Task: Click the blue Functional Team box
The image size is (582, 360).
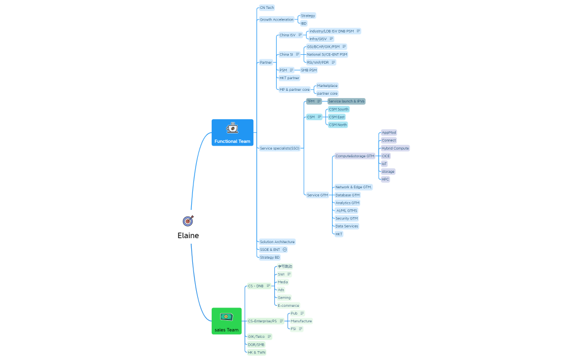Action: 232,133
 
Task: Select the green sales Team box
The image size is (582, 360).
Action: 226,322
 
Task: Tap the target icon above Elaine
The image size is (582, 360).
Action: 188,220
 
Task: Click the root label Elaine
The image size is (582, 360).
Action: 188,235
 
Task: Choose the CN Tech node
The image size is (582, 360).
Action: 267,8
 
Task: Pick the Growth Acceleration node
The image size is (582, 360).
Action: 277,19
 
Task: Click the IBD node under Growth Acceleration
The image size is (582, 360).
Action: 303,23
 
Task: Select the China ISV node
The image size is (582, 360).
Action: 287,35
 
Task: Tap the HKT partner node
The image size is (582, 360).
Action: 289,78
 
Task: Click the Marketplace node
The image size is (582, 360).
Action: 326,86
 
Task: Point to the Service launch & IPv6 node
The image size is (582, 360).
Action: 346,101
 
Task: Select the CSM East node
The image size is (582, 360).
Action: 337,117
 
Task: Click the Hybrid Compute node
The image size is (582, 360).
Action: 395,148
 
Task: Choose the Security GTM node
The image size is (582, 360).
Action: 346,218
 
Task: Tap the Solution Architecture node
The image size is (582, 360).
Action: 277,242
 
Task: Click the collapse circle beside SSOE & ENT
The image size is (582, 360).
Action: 285,250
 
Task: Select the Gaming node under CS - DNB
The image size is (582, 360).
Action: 284,297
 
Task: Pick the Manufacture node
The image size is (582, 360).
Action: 301,321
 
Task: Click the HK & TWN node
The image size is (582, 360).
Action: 256,352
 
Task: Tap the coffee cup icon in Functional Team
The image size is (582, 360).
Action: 232,128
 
